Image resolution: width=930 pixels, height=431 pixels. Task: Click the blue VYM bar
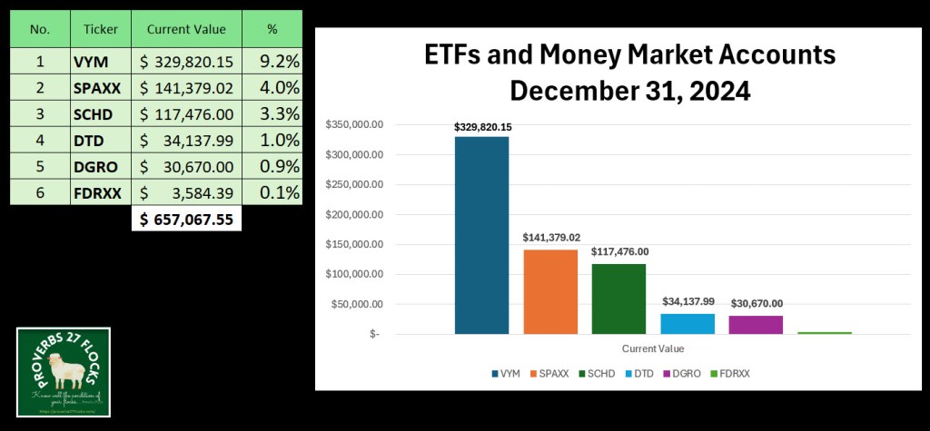click(481, 235)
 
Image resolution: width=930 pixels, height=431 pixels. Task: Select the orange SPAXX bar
click(550, 291)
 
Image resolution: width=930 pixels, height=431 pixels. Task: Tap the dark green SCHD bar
click(618, 299)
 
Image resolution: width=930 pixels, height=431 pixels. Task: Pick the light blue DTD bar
click(688, 323)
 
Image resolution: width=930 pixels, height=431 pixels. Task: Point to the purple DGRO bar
click(756, 324)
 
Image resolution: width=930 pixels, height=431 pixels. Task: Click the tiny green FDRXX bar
click(825, 333)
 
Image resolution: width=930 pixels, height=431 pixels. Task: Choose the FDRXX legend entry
click(737, 373)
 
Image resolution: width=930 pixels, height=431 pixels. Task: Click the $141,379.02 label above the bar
click(550, 237)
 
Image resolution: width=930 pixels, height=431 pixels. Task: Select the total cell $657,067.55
click(187, 219)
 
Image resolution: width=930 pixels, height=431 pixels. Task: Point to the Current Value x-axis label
click(653, 348)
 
